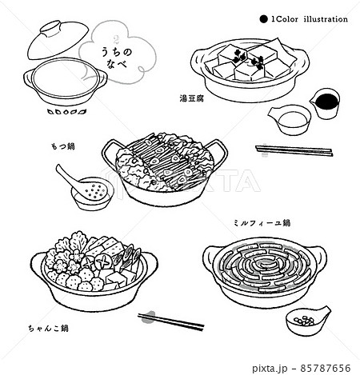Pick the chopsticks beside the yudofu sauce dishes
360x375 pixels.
point(293,149)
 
